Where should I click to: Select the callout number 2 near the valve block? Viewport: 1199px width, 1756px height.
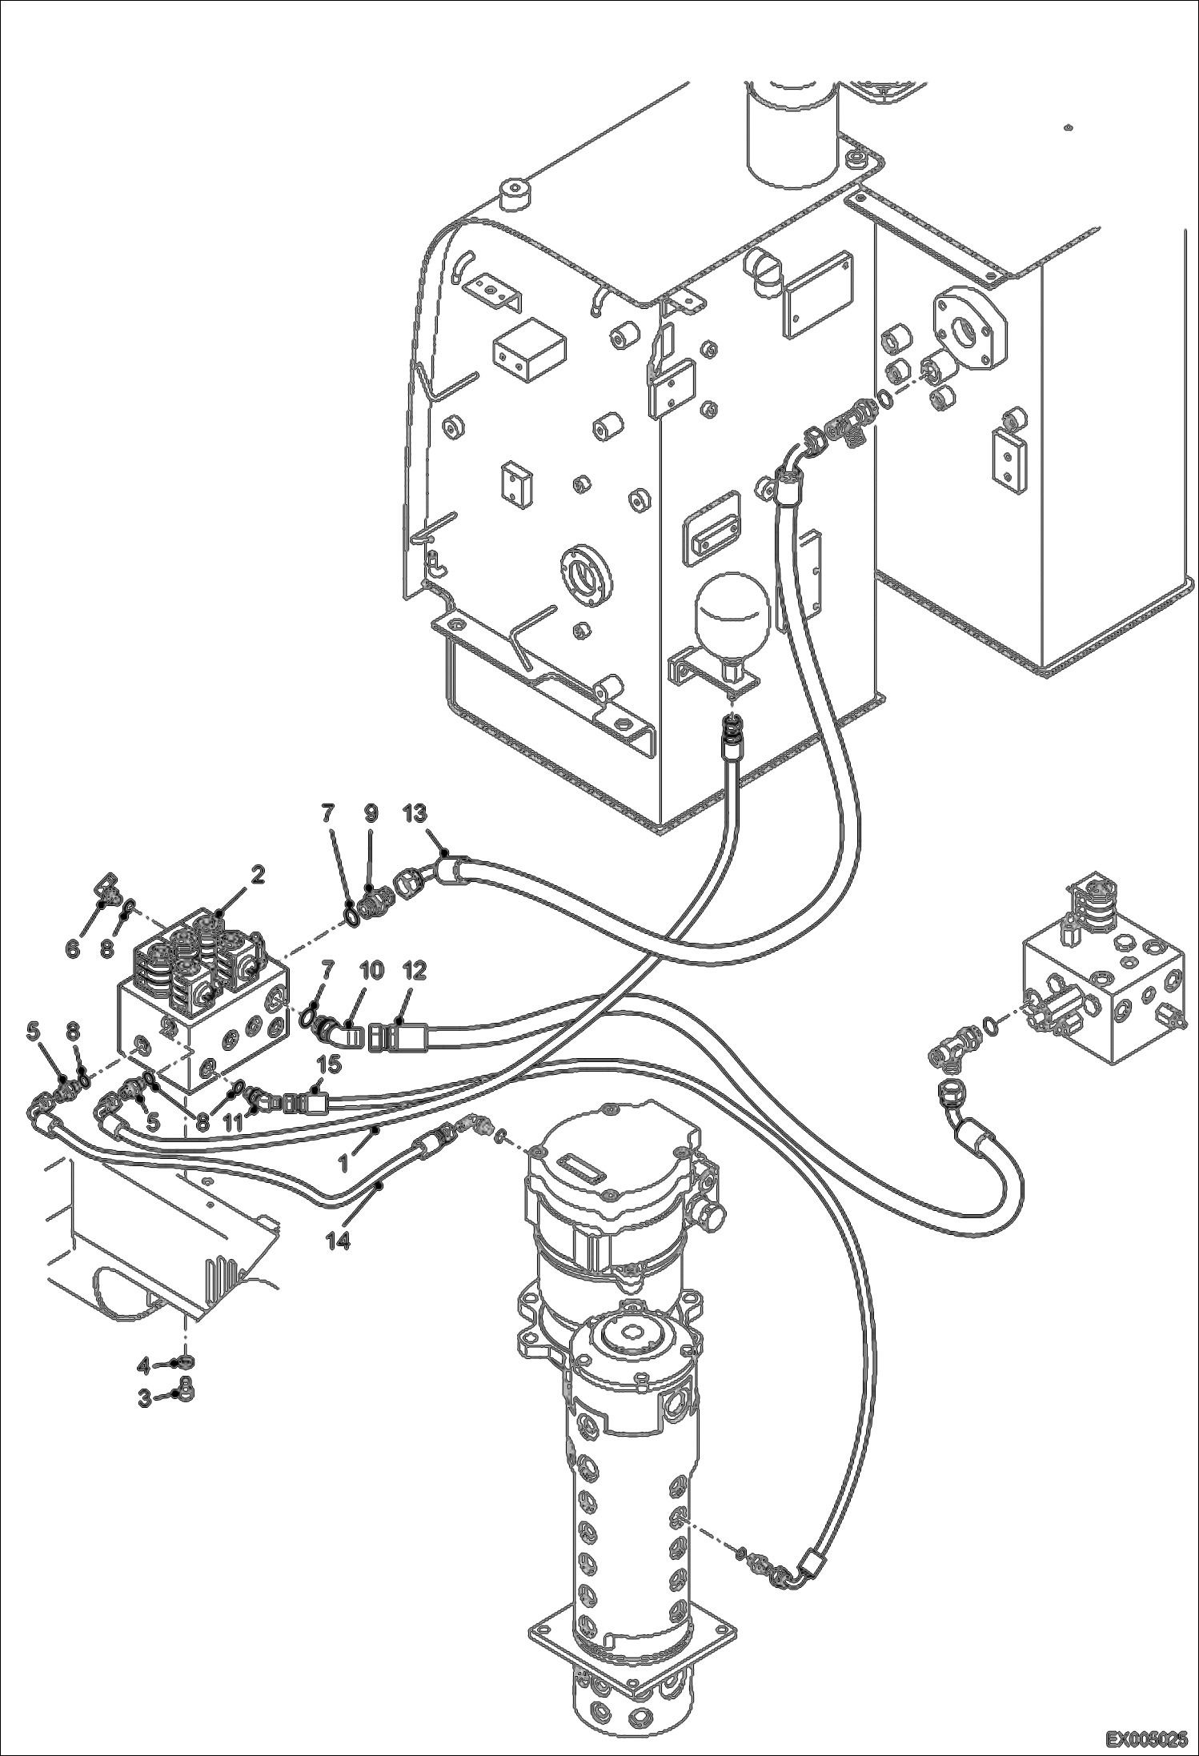pyautogui.click(x=257, y=875)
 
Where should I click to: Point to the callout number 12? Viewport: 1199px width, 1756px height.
pyautogui.click(x=415, y=971)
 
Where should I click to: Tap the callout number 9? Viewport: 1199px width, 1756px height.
pyautogui.click(x=371, y=814)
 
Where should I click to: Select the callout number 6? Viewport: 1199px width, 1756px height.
pyautogui.click(x=72, y=949)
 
